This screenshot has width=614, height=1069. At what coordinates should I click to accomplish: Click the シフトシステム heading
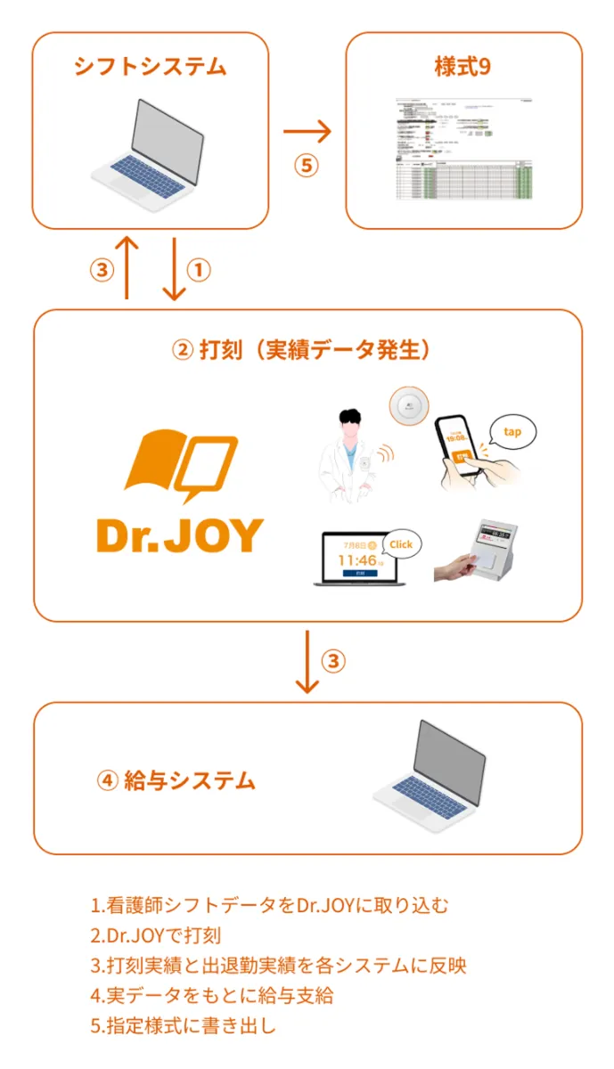pyautogui.click(x=150, y=66)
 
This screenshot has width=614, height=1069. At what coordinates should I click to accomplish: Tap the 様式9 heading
pyautogui.click(x=463, y=68)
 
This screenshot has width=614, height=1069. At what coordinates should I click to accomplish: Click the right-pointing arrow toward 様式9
pyautogui.click(x=307, y=134)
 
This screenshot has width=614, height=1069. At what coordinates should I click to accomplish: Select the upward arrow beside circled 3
pyautogui.click(x=128, y=267)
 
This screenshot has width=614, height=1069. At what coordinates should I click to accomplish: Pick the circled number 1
pyautogui.click(x=198, y=270)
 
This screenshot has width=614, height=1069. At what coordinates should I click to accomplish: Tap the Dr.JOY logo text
pyautogui.click(x=179, y=534)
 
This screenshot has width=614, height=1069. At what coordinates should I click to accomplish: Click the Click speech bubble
pyautogui.click(x=401, y=543)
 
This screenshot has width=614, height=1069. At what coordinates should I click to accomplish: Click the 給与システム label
pyautogui.click(x=176, y=781)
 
